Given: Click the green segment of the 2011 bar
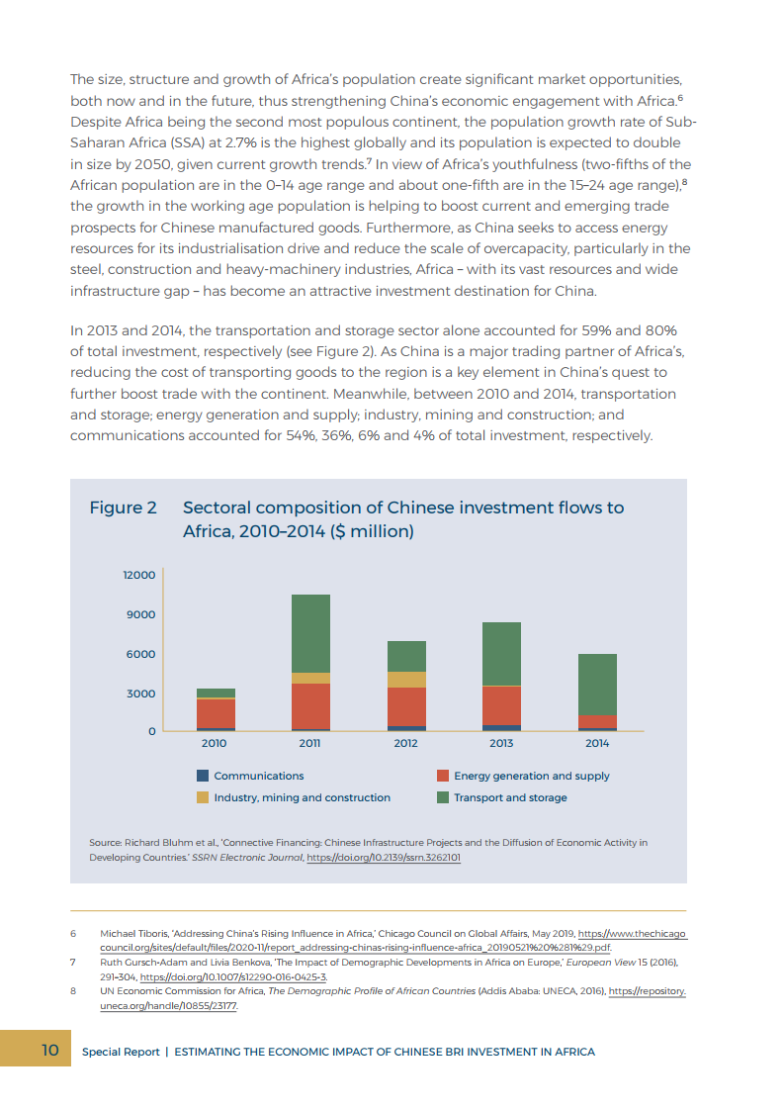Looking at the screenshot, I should tap(310, 633).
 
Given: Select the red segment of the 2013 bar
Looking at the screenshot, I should tap(501, 705).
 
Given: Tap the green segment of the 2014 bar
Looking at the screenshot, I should tap(597, 684).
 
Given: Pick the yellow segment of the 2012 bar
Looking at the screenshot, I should tap(406, 680).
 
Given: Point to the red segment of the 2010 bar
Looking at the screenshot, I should tap(216, 713).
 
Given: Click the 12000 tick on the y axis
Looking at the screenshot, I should tap(139, 575).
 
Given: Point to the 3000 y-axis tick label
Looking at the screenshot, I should tap(141, 694).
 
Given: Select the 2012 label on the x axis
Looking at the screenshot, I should tap(406, 742).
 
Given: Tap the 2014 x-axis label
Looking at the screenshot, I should tap(597, 742).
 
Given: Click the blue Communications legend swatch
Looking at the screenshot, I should tap(203, 776).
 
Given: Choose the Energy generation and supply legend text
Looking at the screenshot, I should tap(532, 776).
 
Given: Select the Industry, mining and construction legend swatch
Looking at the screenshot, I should tap(203, 797).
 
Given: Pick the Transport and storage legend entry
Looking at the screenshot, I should tap(510, 797).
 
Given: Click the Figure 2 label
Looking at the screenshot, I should tap(123, 508).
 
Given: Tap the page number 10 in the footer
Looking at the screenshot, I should tap(49, 1050).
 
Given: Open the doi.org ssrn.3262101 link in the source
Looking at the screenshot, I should tap(384, 858).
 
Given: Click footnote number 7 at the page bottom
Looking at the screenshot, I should tap(73, 962).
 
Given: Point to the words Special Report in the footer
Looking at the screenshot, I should tap(121, 1052).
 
